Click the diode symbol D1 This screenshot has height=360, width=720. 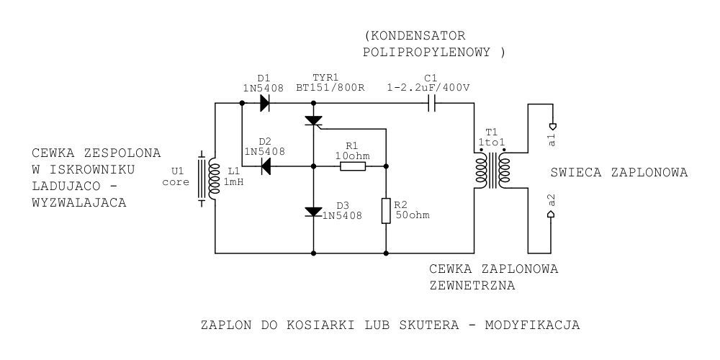pos(264,103)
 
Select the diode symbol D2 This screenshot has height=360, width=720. pos(266,166)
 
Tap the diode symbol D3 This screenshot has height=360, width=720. pos(314,212)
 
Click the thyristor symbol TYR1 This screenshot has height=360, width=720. pos(314,121)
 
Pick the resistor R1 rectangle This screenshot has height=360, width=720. pos(353,166)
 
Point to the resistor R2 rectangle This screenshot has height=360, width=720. pos(386,211)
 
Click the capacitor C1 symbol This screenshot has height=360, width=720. pos(431,103)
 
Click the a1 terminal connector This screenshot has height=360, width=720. pos(552,126)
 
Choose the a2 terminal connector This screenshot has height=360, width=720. pos(552,214)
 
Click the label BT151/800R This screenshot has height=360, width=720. pos(330,88)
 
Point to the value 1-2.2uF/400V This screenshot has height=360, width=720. pos(428,88)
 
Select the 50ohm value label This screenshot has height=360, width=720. pos(413,215)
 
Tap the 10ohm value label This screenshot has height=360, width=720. pos(352,156)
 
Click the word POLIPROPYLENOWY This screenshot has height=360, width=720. pos(426,53)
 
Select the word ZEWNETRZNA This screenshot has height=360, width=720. pos(472,286)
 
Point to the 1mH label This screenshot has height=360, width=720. pos(233,182)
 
